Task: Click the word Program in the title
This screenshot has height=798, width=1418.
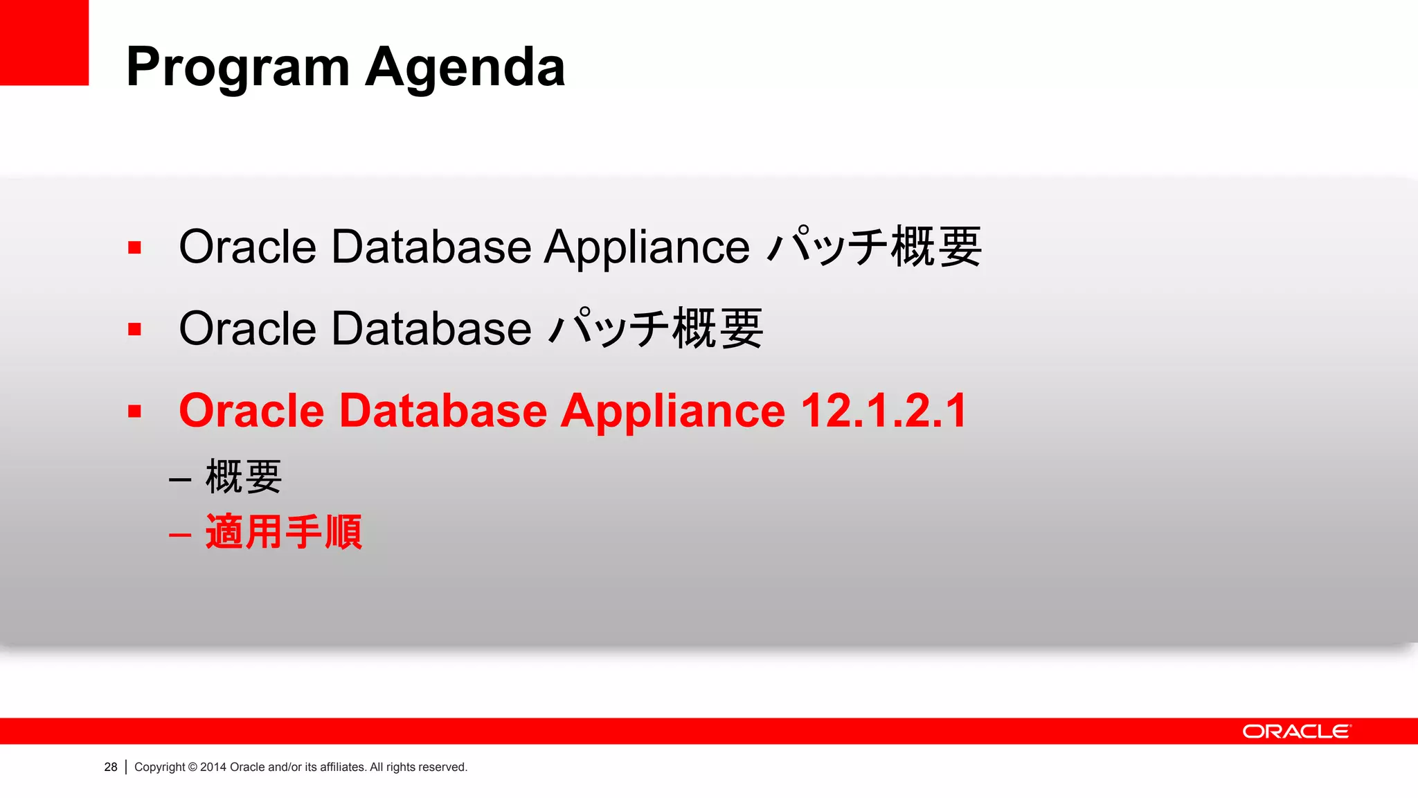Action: point(237,68)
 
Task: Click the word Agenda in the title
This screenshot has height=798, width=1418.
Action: point(465,68)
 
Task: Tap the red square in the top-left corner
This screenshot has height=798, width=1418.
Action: point(44,42)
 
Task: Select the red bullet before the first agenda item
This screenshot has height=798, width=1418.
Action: point(134,248)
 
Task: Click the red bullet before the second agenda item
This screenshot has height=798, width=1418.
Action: point(134,329)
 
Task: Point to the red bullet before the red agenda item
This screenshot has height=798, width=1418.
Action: point(134,411)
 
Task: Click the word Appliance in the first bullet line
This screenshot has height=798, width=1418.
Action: point(647,247)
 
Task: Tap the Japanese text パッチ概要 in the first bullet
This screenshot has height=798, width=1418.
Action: point(875,247)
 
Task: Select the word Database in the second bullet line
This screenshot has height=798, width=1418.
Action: point(431,328)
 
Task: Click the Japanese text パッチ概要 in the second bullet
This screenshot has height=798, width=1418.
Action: point(656,328)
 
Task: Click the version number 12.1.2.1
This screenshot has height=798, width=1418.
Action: point(884,411)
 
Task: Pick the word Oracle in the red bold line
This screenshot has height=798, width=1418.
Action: point(251,411)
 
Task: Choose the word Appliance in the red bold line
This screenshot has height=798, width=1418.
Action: point(672,411)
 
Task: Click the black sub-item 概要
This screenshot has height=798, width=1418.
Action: point(244,477)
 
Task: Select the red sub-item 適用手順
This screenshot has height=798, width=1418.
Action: point(284,532)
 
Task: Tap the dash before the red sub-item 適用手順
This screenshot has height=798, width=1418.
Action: point(180,535)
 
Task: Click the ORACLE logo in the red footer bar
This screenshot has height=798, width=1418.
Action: point(1296,731)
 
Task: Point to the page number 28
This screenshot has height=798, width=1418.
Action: point(111,767)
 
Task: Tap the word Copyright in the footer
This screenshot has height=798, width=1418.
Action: point(160,767)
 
